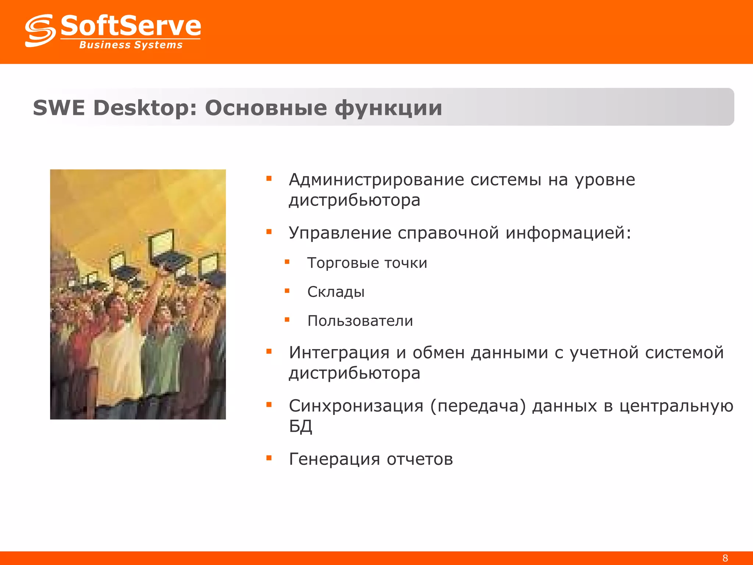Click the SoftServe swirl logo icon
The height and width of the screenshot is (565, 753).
[x=40, y=31]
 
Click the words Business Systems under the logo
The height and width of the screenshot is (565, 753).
[x=131, y=45]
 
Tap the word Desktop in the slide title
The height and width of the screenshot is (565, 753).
[x=145, y=108]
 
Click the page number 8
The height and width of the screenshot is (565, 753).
[x=725, y=558]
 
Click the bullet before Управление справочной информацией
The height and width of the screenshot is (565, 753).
[x=269, y=232]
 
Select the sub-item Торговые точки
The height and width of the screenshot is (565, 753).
[x=367, y=263]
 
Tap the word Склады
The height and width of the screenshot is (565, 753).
[x=336, y=292]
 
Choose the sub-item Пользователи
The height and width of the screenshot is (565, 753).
[x=360, y=321]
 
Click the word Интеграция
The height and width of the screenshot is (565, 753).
[x=339, y=353]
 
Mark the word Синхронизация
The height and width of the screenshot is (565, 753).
[x=356, y=406]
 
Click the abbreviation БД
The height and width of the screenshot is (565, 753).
[x=300, y=426]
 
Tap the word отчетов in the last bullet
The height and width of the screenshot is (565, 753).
[x=420, y=459]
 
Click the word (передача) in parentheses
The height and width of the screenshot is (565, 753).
[x=478, y=406]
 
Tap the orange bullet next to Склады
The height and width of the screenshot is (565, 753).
[x=287, y=291]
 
